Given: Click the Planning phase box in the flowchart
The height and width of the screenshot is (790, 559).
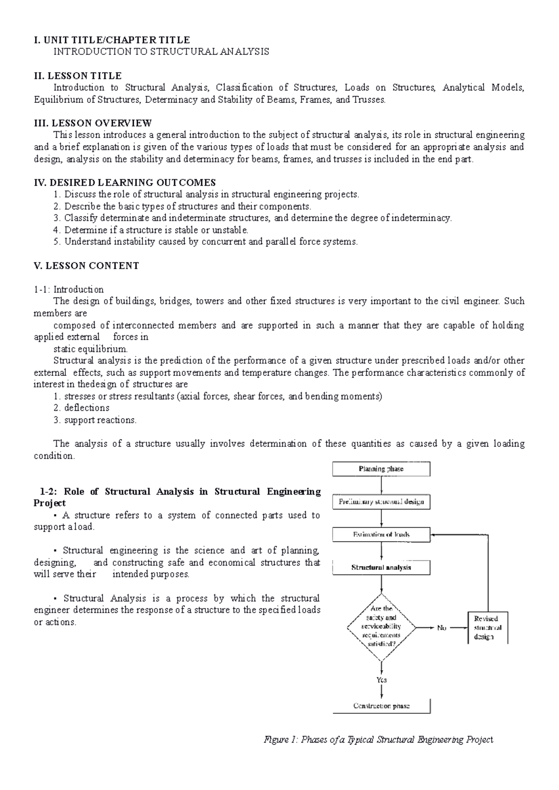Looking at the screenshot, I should (x=381, y=469).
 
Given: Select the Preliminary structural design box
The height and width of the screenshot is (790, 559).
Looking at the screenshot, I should (x=381, y=502).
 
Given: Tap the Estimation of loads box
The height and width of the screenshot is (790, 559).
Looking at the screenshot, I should (x=381, y=535).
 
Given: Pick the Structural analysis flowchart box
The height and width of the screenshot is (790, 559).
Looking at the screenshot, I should (x=381, y=568).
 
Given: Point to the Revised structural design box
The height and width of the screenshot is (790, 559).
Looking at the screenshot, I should (x=487, y=628).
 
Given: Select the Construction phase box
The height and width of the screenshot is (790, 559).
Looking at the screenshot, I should (x=381, y=706).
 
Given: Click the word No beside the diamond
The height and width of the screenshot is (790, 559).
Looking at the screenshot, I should (x=442, y=628).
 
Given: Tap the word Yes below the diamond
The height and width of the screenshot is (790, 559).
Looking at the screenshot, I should (x=382, y=680).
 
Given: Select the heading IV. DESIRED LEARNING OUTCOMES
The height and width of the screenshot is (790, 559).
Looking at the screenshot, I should (x=125, y=182).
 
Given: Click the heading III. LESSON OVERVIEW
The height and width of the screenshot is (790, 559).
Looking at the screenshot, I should (x=93, y=123).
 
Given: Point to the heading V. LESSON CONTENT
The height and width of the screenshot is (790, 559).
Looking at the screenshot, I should (x=86, y=266).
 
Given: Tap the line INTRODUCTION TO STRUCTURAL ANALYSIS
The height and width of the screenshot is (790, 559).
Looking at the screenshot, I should (x=161, y=52).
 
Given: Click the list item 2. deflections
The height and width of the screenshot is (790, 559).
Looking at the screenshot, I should (x=81, y=408).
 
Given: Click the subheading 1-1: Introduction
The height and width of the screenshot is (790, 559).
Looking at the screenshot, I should (x=68, y=289).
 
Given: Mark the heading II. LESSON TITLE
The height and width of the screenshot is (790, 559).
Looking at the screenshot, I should (x=78, y=76).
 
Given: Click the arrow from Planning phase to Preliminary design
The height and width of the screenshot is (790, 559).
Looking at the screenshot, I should (x=382, y=486).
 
